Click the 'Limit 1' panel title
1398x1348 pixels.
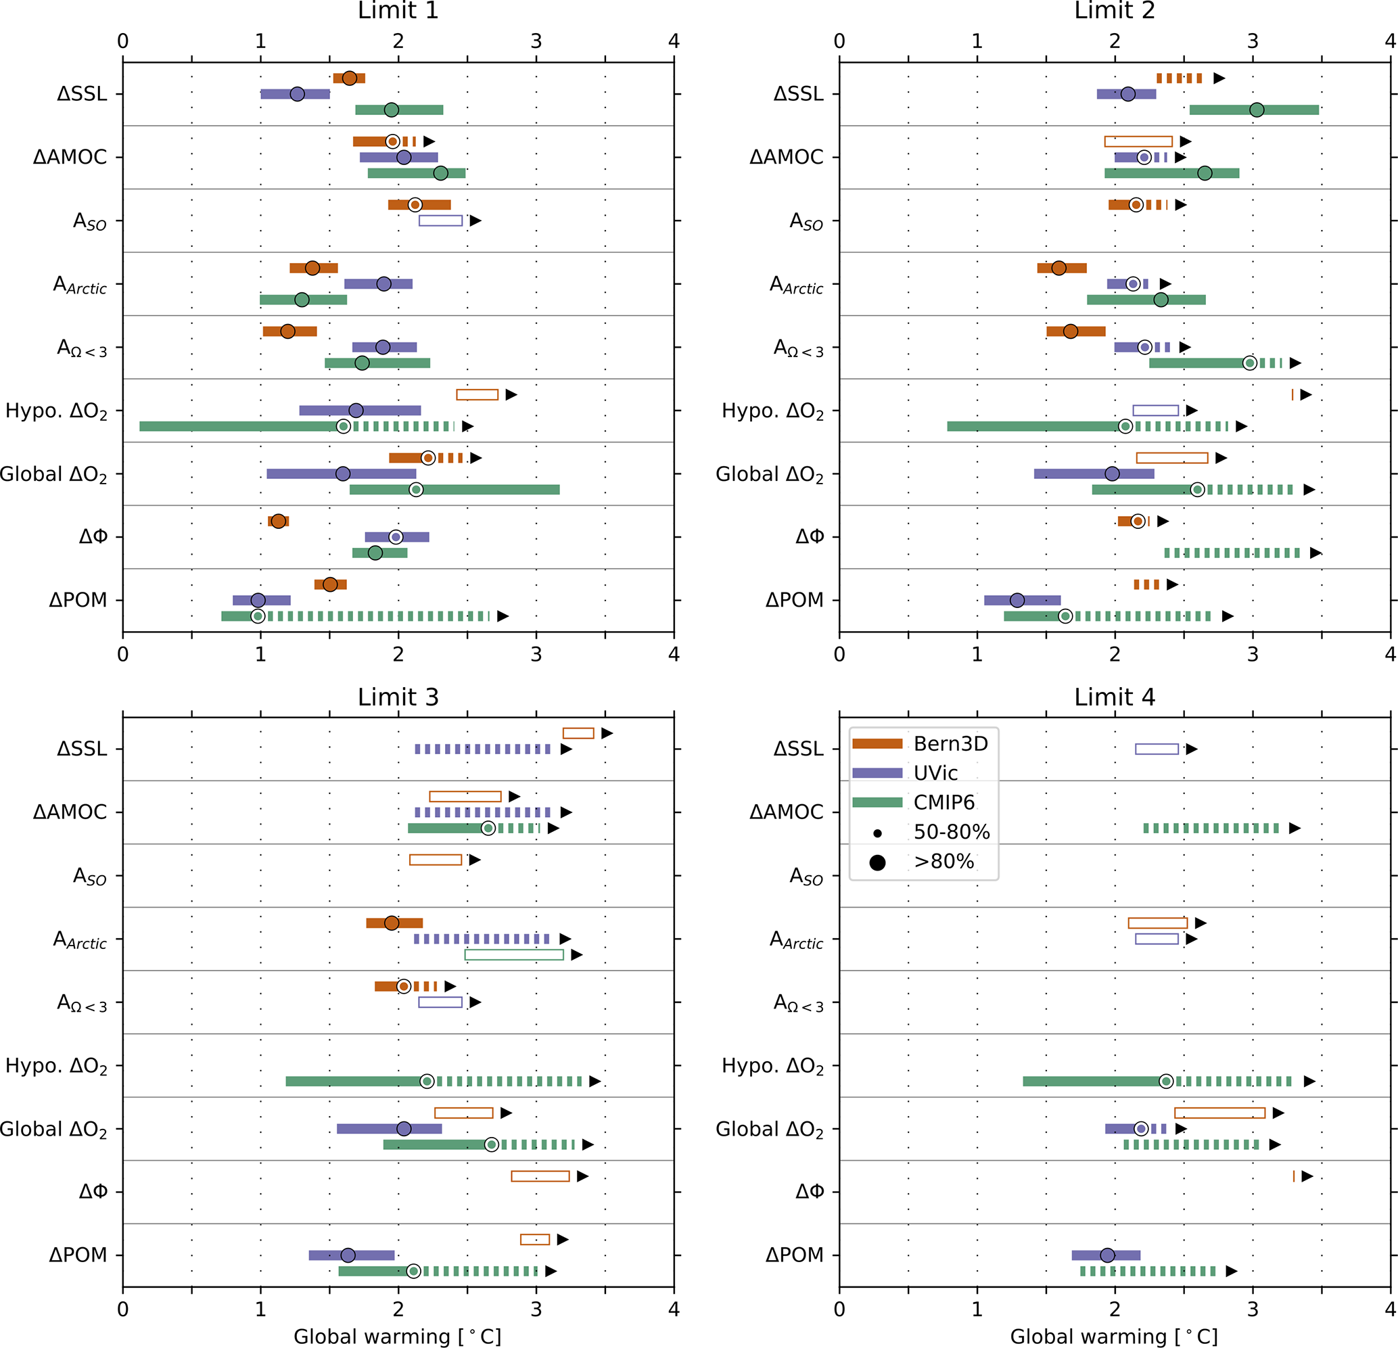click(398, 11)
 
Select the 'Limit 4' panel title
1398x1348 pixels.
click(1114, 697)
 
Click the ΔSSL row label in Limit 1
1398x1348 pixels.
click(82, 94)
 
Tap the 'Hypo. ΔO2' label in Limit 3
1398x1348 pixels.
click(56, 1065)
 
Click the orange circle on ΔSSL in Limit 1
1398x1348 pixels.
click(350, 78)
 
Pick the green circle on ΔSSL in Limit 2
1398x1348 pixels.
click(1257, 110)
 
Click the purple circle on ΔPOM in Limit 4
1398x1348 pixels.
click(1107, 1255)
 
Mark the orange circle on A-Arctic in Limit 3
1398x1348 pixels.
click(392, 923)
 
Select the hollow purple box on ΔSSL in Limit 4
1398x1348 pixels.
click(1157, 749)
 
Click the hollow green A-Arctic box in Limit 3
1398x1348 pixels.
click(513, 954)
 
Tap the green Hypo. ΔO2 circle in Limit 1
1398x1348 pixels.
click(343, 427)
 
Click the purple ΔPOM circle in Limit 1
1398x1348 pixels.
click(258, 601)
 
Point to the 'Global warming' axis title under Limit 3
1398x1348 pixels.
click(397, 1336)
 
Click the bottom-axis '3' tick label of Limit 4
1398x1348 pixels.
click(1253, 1309)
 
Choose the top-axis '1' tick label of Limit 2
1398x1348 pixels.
click(977, 41)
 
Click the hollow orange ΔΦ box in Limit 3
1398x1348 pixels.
click(540, 1176)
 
